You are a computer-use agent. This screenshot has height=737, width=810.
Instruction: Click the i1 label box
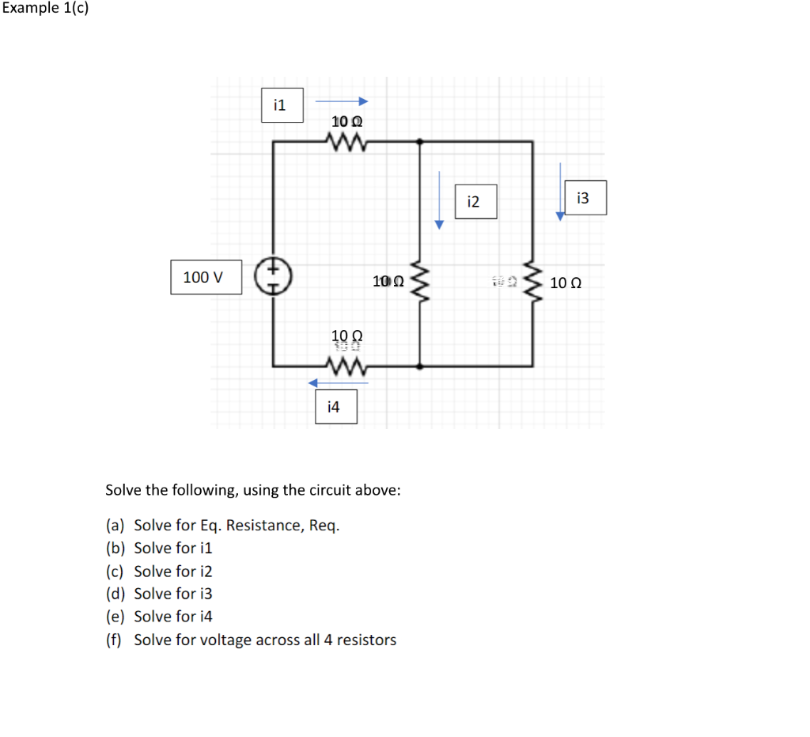tap(282, 104)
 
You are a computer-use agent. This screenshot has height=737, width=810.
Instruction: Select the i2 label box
tap(475, 201)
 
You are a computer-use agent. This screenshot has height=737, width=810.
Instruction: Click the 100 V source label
tap(206, 277)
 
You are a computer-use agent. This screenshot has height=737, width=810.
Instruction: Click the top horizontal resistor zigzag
tap(346, 142)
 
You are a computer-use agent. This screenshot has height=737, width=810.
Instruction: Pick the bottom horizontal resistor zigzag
tap(346, 367)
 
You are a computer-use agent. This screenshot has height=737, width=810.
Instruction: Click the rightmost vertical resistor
tap(532, 282)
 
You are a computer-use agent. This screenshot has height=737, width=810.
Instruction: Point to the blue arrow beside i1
tap(342, 101)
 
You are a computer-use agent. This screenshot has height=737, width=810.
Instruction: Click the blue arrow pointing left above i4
tap(338, 383)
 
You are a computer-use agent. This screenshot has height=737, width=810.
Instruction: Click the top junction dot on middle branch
tap(419, 142)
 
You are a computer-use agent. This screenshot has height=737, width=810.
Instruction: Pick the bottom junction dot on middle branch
tap(419, 367)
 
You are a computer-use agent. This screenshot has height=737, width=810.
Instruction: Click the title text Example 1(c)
tap(44, 9)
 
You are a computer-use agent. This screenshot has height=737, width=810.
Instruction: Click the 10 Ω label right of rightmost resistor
tap(566, 283)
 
